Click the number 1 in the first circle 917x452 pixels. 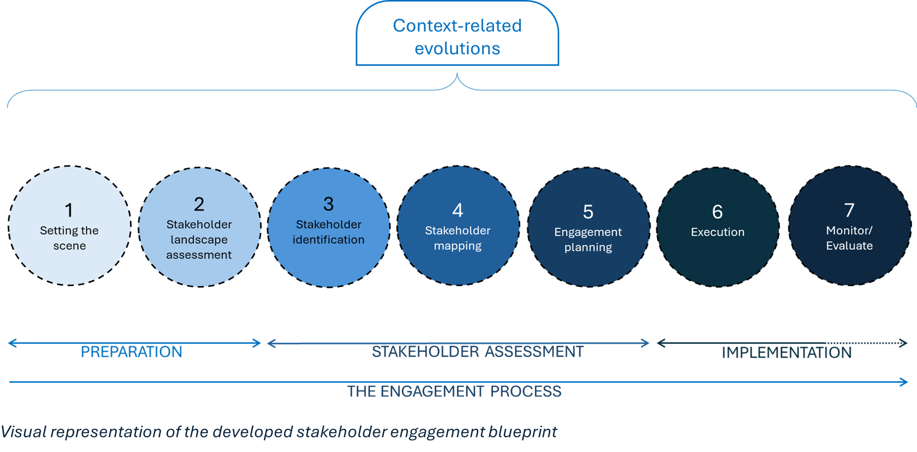(69, 210)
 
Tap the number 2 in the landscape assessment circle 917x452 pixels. (199, 204)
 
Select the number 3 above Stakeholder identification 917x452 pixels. (329, 204)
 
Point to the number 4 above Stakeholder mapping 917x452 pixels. (458, 210)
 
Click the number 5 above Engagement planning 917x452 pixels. (588, 212)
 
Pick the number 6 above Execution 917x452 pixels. (718, 212)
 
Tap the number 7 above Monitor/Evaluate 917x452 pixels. (849, 210)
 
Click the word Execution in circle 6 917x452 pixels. (718, 232)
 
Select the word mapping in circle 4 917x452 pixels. (458, 246)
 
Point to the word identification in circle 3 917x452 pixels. (329, 240)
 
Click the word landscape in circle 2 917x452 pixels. (199, 240)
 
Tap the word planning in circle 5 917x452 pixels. (588, 248)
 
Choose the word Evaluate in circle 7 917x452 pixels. (849, 246)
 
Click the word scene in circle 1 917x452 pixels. (69, 246)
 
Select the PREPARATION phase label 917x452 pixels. (131, 352)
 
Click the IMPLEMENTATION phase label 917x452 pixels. (787, 353)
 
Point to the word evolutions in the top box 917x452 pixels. (457, 49)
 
